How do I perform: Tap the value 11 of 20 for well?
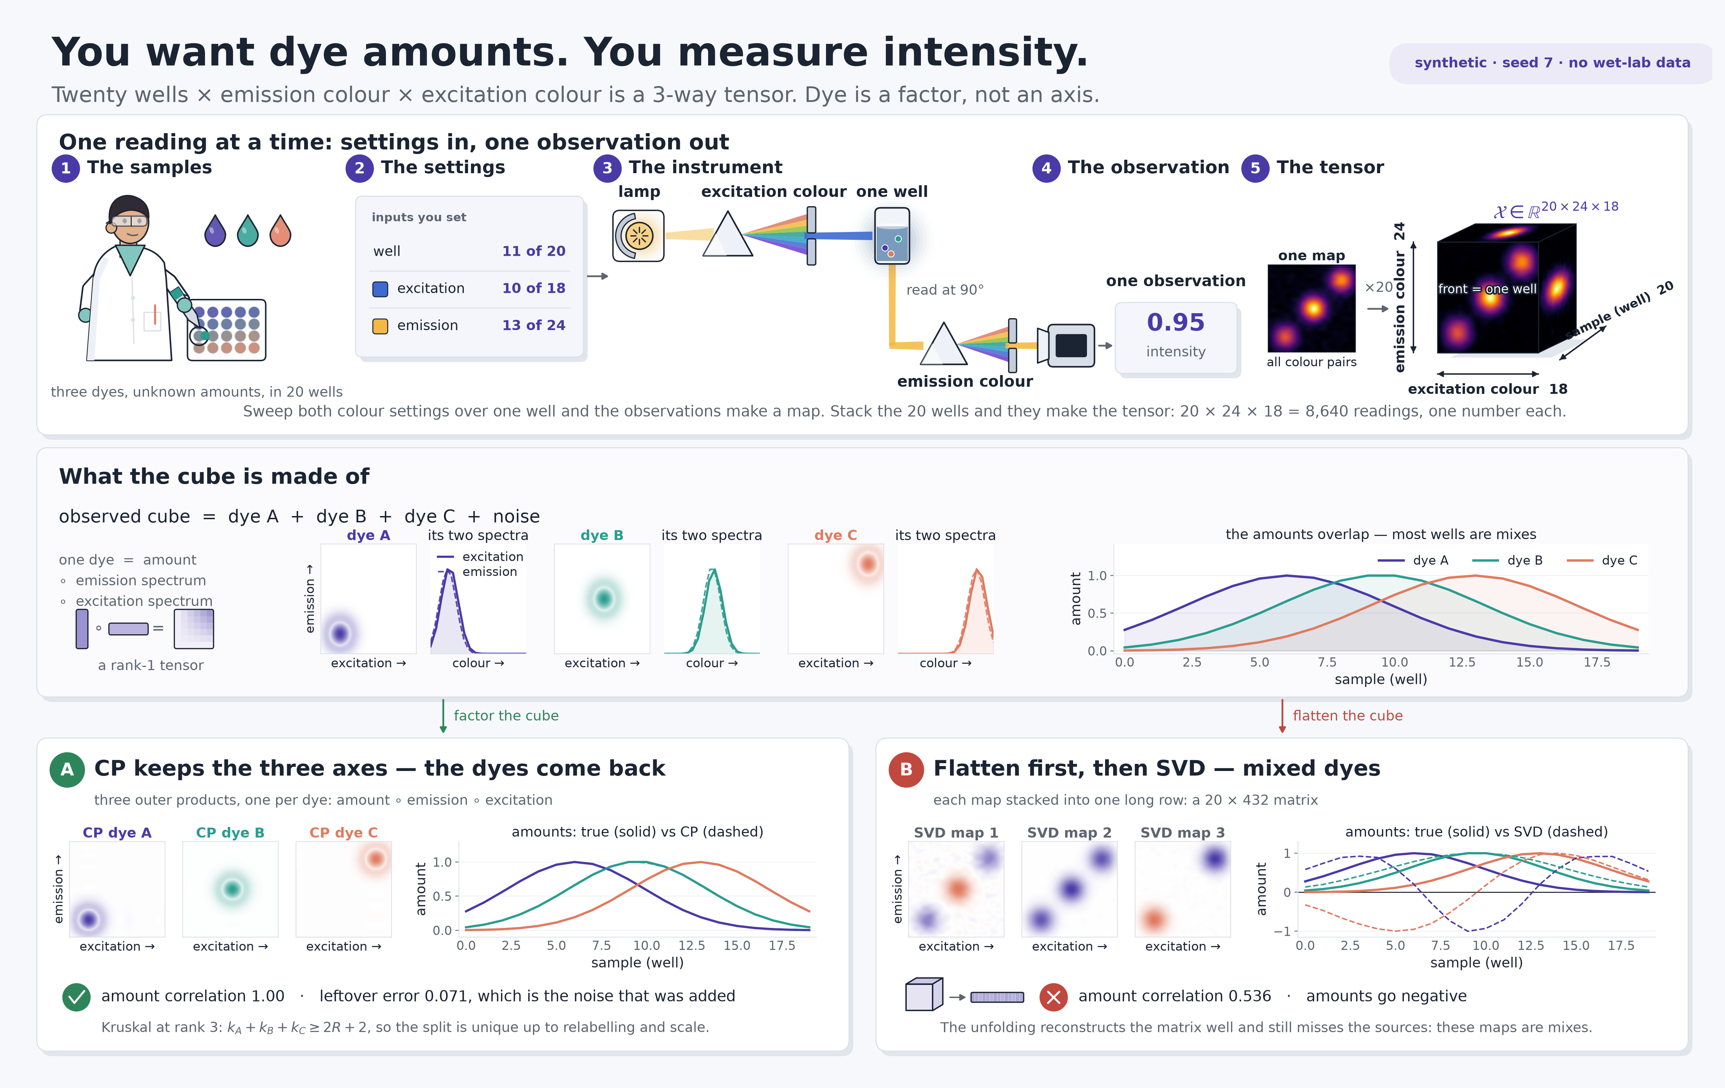coord(534,251)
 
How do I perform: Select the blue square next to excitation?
coord(380,289)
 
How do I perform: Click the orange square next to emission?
coord(380,326)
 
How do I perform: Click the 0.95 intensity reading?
coord(1175,323)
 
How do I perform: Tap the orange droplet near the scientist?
coord(280,231)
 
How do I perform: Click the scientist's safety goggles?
coord(130,221)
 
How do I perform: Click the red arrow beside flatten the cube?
coord(1282,716)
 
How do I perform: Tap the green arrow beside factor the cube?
coord(443,716)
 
